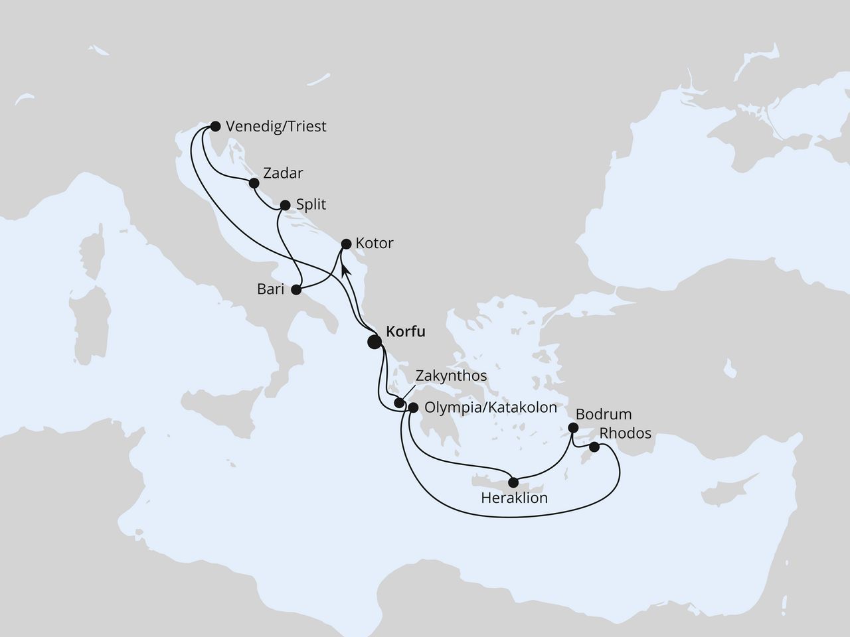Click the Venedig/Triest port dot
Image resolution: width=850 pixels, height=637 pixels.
tap(214, 125)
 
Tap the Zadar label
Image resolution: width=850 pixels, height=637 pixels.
tap(283, 174)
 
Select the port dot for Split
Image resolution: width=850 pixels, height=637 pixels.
tap(285, 205)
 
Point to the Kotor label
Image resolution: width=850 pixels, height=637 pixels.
tap(375, 244)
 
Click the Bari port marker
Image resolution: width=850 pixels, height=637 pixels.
tap(296, 289)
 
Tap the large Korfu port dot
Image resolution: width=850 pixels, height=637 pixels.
tap(375, 342)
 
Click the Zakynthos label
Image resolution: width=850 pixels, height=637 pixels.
tap(451, 376)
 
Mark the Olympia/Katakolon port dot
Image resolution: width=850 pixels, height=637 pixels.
tap(412, 408)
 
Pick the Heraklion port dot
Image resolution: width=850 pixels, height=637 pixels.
tap(513, 482)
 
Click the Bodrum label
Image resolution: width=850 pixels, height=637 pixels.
tap(603, 414)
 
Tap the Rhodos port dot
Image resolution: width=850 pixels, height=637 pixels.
tap(594, 447)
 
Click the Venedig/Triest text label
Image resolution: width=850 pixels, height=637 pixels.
tap(276, 126)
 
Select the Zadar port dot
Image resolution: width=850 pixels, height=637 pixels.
tap(253, 182)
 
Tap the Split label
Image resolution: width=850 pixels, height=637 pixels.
tap(311, 204)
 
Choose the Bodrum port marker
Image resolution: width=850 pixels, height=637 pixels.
tap(574, 429)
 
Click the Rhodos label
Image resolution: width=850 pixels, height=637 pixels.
tap(626, 433)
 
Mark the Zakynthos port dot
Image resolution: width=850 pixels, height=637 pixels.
tap(398, 403)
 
